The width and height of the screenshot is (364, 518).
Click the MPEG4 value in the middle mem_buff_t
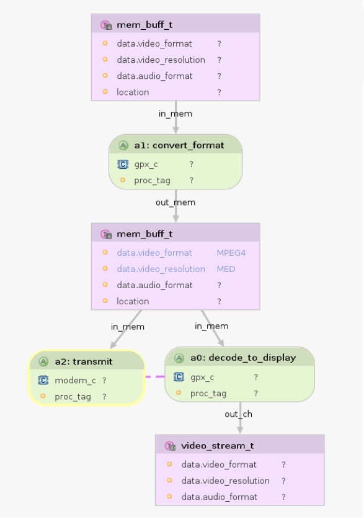[231, 253]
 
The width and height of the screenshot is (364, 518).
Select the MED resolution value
[226, 269]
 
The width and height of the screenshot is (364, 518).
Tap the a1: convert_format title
[179, 145]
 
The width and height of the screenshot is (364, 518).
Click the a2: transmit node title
[84, 361]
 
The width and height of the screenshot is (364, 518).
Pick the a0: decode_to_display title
[243, 358]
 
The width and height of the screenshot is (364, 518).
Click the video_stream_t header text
[217, 446]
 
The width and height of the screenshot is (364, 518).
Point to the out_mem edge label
[175, 202]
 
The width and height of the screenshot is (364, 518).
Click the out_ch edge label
[238, 414]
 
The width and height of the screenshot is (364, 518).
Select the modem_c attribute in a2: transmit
[75, 381]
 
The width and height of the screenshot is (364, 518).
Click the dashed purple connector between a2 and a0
[155, 376]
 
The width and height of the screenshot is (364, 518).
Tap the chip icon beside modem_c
[43, 380]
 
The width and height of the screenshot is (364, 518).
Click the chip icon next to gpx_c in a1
[123, 164]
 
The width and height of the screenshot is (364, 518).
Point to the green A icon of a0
[179, 358]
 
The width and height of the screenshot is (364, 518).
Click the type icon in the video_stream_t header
[170, 446]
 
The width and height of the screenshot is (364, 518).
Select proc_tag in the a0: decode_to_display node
[208, 393]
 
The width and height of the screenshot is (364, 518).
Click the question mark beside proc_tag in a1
[191, 180]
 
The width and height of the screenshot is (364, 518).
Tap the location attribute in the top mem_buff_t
[133, 92]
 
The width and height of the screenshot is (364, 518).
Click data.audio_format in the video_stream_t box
[220, 497]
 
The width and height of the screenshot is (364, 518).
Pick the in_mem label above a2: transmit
[128, 327]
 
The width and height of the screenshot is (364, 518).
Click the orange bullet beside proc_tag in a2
[43, 396]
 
